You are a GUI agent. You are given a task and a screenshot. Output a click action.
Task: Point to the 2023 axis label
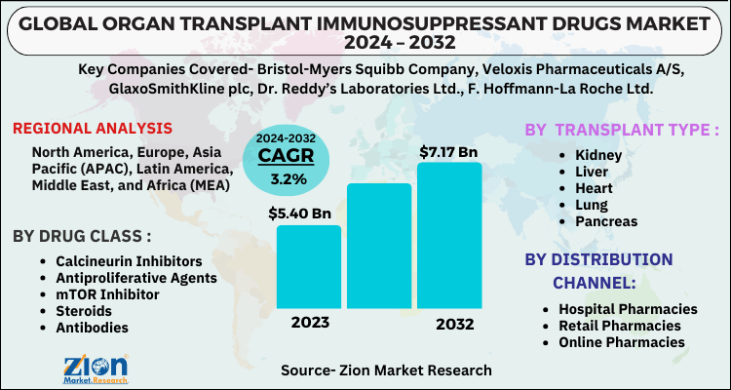click(x=308, y=323)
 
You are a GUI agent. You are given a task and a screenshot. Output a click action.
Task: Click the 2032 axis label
click(x=449, y=323)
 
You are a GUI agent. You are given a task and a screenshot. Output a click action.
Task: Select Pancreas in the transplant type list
click(x=606, y=221)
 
